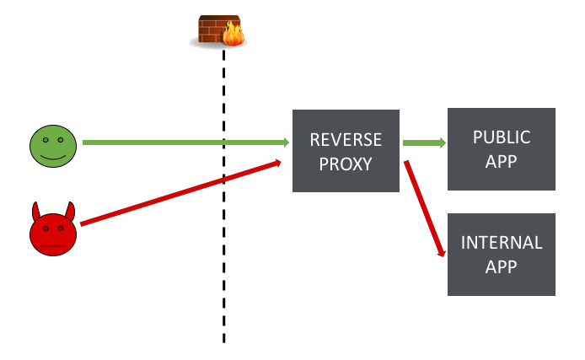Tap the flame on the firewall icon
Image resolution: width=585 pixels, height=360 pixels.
coord(233,34)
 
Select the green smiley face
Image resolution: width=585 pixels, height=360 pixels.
coord(53,146)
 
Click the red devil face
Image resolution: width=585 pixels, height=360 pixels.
coord(53,232)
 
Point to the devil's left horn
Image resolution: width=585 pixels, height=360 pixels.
coord(36,210)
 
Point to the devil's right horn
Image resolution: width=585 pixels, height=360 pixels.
coord(71,210)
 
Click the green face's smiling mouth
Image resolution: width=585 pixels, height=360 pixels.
coord(53,156)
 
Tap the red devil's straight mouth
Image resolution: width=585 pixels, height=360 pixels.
coord(53,244)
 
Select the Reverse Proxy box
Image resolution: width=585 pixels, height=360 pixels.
coord(346,151)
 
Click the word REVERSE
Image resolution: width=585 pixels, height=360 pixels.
coord(346,139)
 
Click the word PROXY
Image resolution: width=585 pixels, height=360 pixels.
coord(346,164)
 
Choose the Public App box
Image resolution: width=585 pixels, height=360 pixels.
coord(501,148)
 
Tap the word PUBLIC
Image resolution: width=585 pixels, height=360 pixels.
coord(502,137)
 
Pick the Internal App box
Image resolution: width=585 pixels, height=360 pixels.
coord(501,254)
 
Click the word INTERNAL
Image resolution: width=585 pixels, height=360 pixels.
coord(502,243)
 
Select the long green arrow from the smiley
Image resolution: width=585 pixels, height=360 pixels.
coord(185,142)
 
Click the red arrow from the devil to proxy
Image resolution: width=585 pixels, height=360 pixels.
coord(181,192)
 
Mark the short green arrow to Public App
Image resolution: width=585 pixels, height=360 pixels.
coord(424,142)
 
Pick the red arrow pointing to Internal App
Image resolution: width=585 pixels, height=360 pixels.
coord(424,207)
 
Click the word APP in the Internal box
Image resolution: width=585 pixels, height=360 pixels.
coord(502,267)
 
